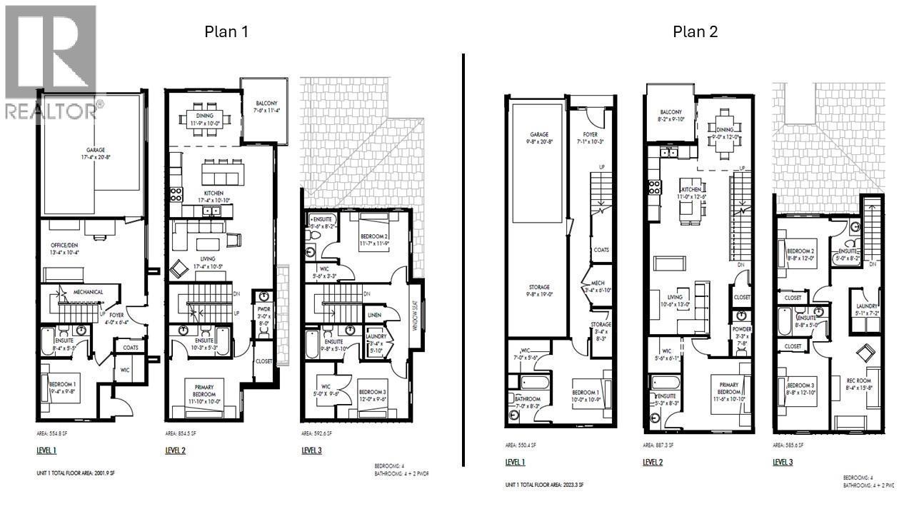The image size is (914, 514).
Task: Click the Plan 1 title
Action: coord(226,31)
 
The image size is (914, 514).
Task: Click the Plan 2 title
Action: coord(694,31)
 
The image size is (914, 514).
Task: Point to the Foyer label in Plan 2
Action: coord(590,136)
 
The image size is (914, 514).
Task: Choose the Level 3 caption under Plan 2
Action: coord(783,462)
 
